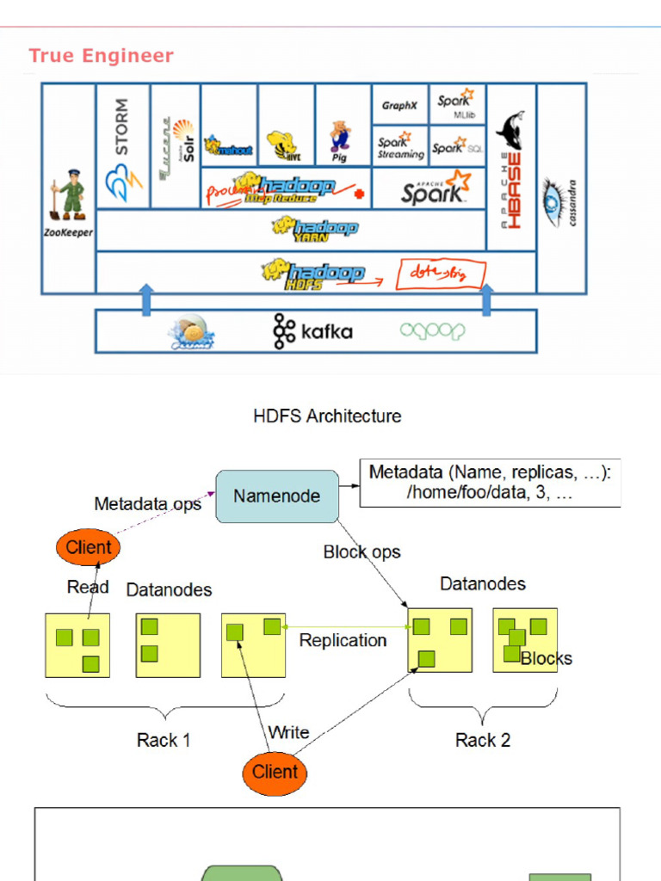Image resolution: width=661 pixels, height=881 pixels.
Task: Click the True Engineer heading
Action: pyautogui.click(x=101, y=56)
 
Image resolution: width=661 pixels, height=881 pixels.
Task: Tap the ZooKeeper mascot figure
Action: pyautogui.click(x=69, y=195)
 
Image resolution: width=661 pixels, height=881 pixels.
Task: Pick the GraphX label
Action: pyautogui.click(x=399, y=106)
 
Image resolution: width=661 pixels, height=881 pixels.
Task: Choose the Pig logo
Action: pyautogui.click(x=340, y=139)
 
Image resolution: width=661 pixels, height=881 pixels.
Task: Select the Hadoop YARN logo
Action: pyautogui.click(x=315, y=229)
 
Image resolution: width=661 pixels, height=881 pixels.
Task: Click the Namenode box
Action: pyautogui.click(x=276, y=496)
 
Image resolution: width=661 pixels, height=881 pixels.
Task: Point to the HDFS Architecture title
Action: pyautogui.click(x=327, y=416)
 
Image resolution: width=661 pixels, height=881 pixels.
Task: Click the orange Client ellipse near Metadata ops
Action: pyautogui.click(x=89, y=547)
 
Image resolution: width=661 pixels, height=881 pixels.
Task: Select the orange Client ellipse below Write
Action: pyautogui.click(x=275, y=772)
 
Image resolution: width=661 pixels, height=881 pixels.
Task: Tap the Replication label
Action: pyautogui.click(x=343, y=640)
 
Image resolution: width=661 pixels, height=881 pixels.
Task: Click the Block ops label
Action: pyautogui.click(x=361, y=552)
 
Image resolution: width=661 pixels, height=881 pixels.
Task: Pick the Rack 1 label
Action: pyautogui.click(x=164, y=740)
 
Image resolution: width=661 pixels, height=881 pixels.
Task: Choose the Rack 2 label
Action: pyautogui.click(x=482, y=740)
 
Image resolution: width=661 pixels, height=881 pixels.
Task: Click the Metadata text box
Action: pyautogui.click(x=490, y=484)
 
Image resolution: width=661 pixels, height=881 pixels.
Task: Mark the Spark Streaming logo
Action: pyautogui.click(x=400, y=147)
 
